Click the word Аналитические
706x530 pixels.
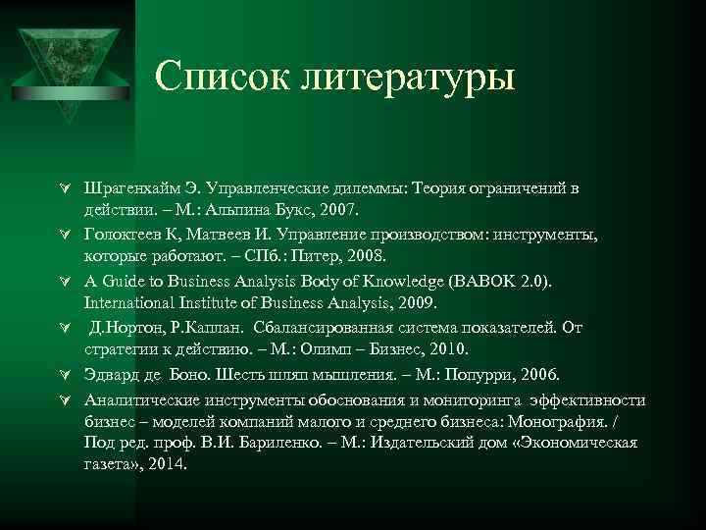pyautogui.click(x=145, y=400)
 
